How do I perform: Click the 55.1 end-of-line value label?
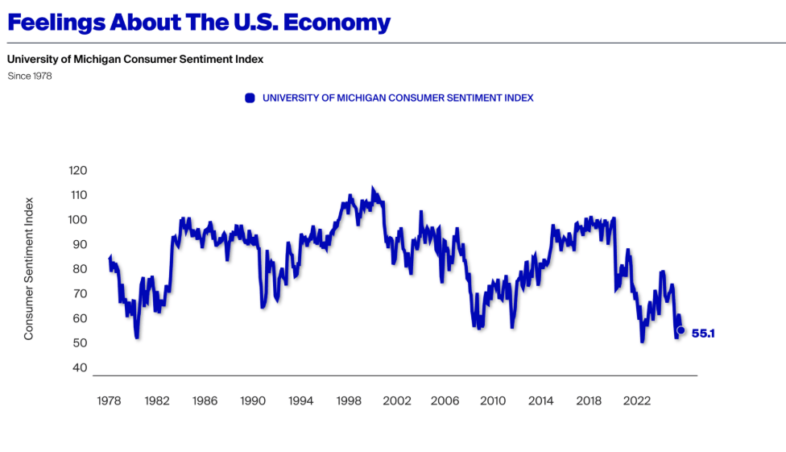703,333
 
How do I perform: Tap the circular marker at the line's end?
681,330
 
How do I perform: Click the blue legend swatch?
250,97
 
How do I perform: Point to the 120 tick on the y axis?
77,171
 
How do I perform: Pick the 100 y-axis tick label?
77,220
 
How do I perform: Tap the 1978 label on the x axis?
109,400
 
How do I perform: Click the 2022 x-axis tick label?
637,400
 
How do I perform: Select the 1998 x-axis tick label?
349,400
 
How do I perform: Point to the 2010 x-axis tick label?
493,400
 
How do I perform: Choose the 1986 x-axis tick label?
205,400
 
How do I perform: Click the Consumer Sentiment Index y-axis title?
29,268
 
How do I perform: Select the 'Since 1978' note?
30,76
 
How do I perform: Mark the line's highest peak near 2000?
372,189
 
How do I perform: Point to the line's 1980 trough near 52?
137,336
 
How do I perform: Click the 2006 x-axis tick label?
445,400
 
